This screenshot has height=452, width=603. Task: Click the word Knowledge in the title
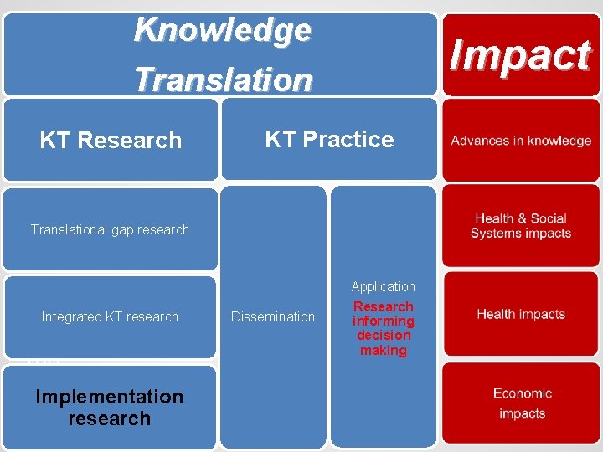[x=223, y=30]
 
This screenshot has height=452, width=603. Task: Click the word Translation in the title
[x=223, y=80]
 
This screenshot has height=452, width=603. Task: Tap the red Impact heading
[x=520, y=55]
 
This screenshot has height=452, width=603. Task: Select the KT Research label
[x=111, y=140]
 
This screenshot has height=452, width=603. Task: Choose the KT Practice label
[x=329, y=139]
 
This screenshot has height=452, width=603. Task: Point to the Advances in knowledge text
[x=521, y=141]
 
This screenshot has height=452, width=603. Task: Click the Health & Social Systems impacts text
[x=521, y=226]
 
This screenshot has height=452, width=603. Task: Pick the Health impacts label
[x=521, y=315]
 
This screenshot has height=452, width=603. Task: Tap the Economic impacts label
[x=522, y=403]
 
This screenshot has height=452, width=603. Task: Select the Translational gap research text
[x=110, y=229]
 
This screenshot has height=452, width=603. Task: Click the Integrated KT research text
[x=110, y=316]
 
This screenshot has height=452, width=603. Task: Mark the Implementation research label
[x=110, y=407]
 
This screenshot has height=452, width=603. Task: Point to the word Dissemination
[x=273, y=316]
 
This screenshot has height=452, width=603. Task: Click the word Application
[x=384, y=287]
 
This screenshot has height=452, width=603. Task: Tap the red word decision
[x=384, y=336]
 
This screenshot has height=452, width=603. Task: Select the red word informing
[x=384, y=321]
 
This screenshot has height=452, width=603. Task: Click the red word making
[x=384, y=351]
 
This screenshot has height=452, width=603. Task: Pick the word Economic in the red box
[x=523, y=393]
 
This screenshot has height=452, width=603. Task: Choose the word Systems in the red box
[x=493, y=234]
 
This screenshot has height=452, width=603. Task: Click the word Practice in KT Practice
[x=350, y=139]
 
